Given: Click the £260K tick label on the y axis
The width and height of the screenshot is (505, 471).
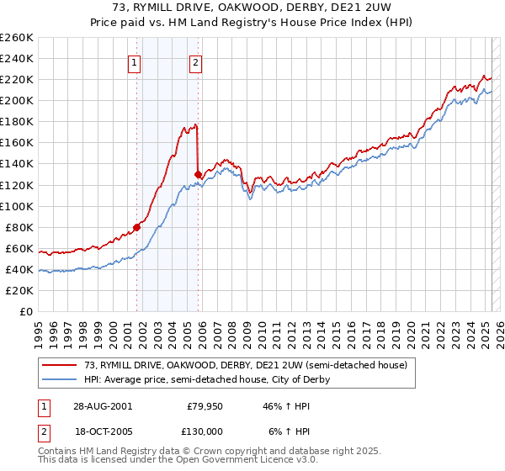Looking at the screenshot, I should [x=17, y=38].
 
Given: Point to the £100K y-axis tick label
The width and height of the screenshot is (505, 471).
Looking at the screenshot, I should [x=17, y=206].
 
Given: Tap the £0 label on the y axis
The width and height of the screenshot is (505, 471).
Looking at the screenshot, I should [x=25, y=311].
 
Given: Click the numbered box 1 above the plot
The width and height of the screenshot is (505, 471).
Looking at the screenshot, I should [x=136, y=61].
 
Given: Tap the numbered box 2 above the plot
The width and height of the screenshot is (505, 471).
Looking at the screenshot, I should [x=195, y=61].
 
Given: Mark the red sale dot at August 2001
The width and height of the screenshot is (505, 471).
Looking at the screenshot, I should [x=136, y=227].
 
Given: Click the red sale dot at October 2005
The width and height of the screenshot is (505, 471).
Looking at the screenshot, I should [x=198, y=174].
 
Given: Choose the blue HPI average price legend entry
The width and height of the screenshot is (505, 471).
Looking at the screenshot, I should [x=206, y=379].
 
